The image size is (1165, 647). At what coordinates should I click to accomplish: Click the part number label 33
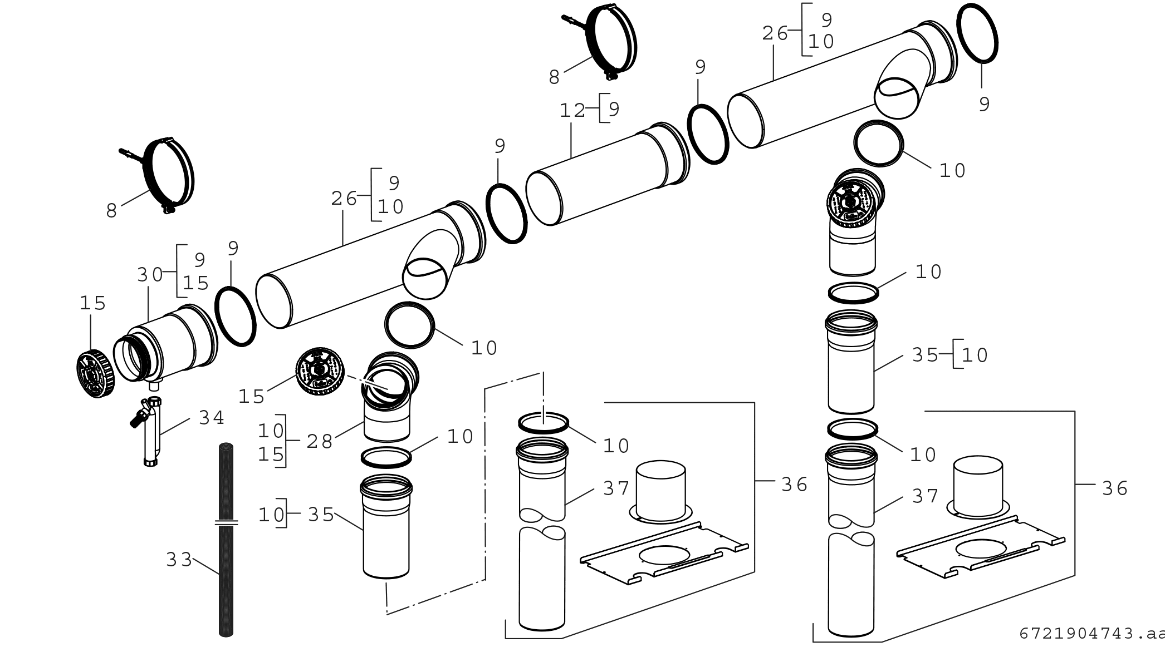(x=179, y=560)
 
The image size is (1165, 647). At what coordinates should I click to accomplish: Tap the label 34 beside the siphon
(x=212, y=418)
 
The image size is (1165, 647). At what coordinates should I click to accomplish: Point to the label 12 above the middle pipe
(x=572, y=110)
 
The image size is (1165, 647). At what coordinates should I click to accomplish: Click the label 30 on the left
(x=150, y=275)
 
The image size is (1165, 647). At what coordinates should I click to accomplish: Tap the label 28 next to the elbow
(x=320, y=442)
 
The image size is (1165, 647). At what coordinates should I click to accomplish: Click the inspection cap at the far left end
(x=96, y=374)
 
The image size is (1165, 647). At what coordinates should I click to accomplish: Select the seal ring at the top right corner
(x=977, y=32)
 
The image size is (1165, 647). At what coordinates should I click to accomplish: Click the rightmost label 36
(x=1114, y=488)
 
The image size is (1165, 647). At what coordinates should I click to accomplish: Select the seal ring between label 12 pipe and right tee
(x=708, y=134)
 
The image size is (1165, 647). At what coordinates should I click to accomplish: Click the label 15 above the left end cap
(x=92, y=304)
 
